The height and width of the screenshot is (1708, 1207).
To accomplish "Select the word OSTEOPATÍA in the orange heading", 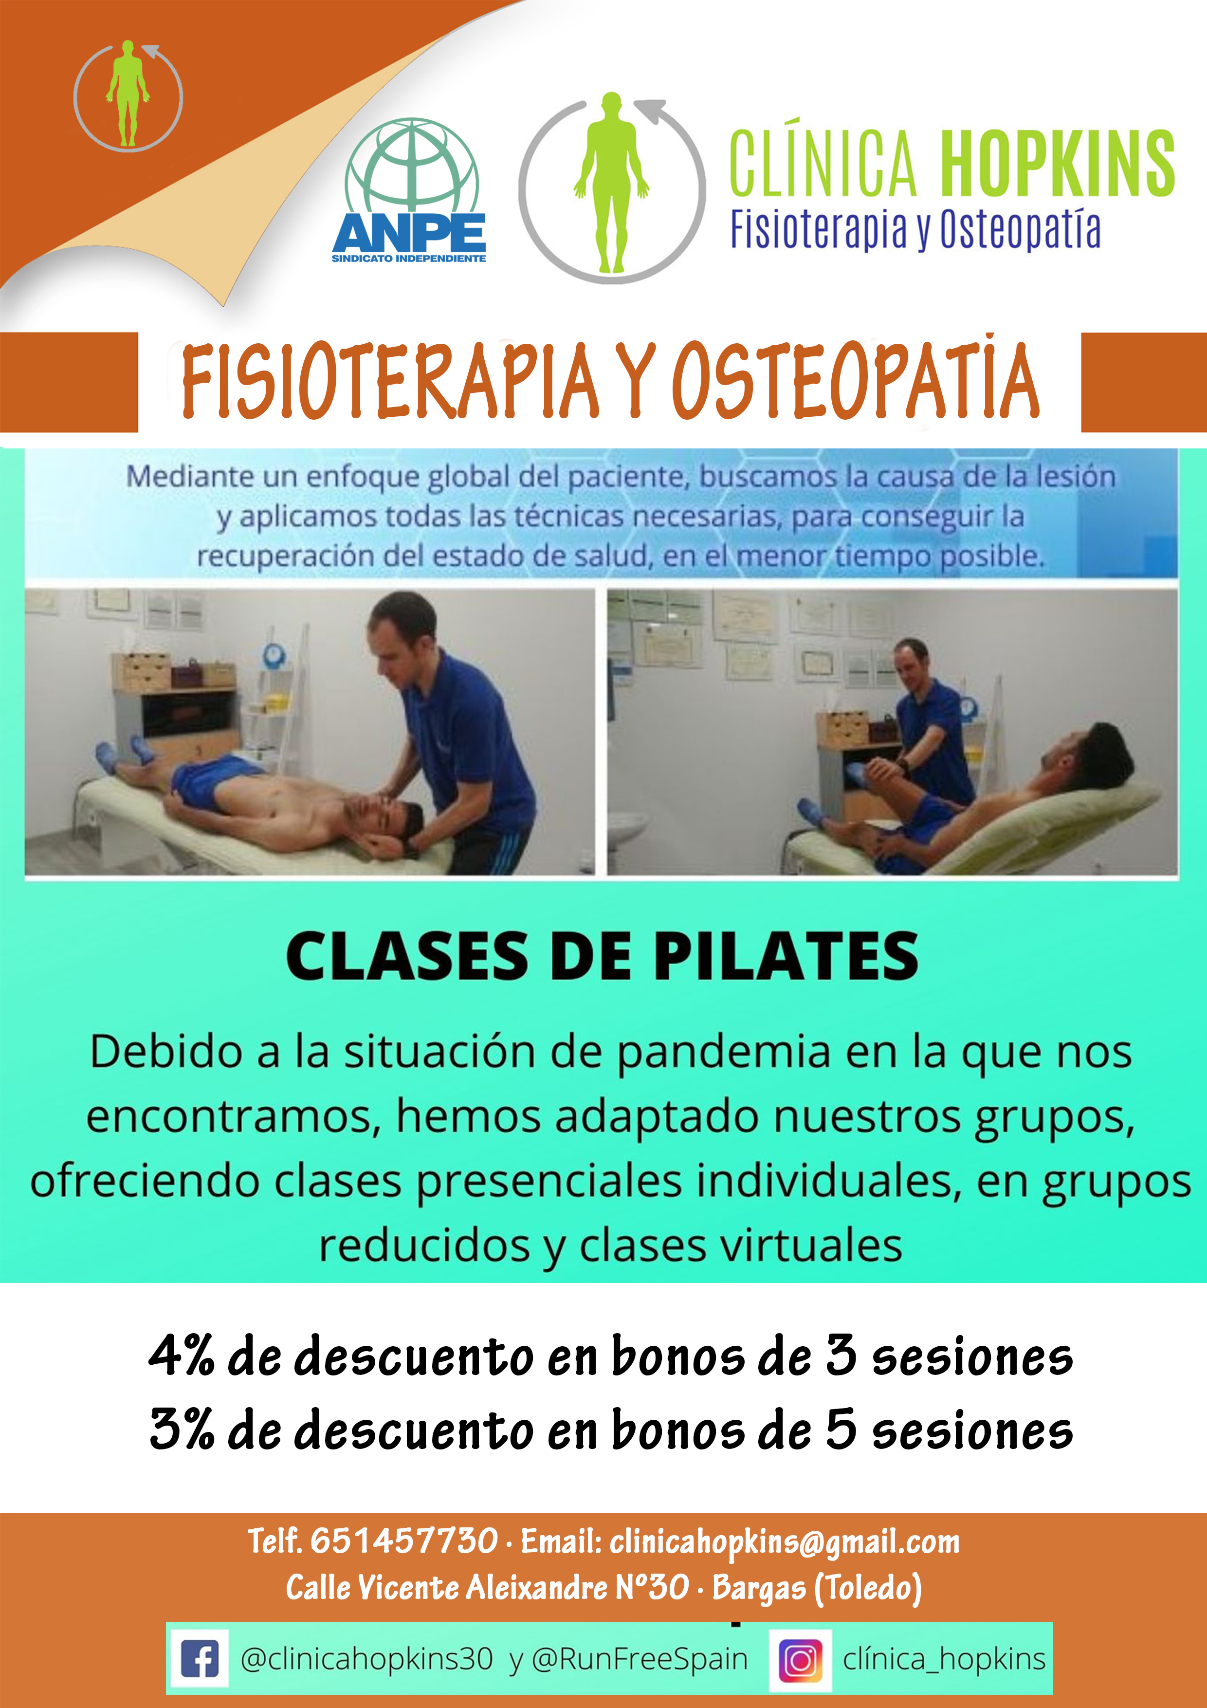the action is pos(855,380).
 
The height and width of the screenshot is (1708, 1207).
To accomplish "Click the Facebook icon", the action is pos(200,1658).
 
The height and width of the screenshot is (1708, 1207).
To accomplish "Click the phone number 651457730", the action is pos(404,1540).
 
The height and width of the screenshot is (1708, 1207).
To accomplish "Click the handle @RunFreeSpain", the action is pos(640,1659).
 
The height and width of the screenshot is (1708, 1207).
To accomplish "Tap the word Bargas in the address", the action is pos(759,1589).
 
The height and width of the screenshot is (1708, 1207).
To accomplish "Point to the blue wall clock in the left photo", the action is pos(274,655).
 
